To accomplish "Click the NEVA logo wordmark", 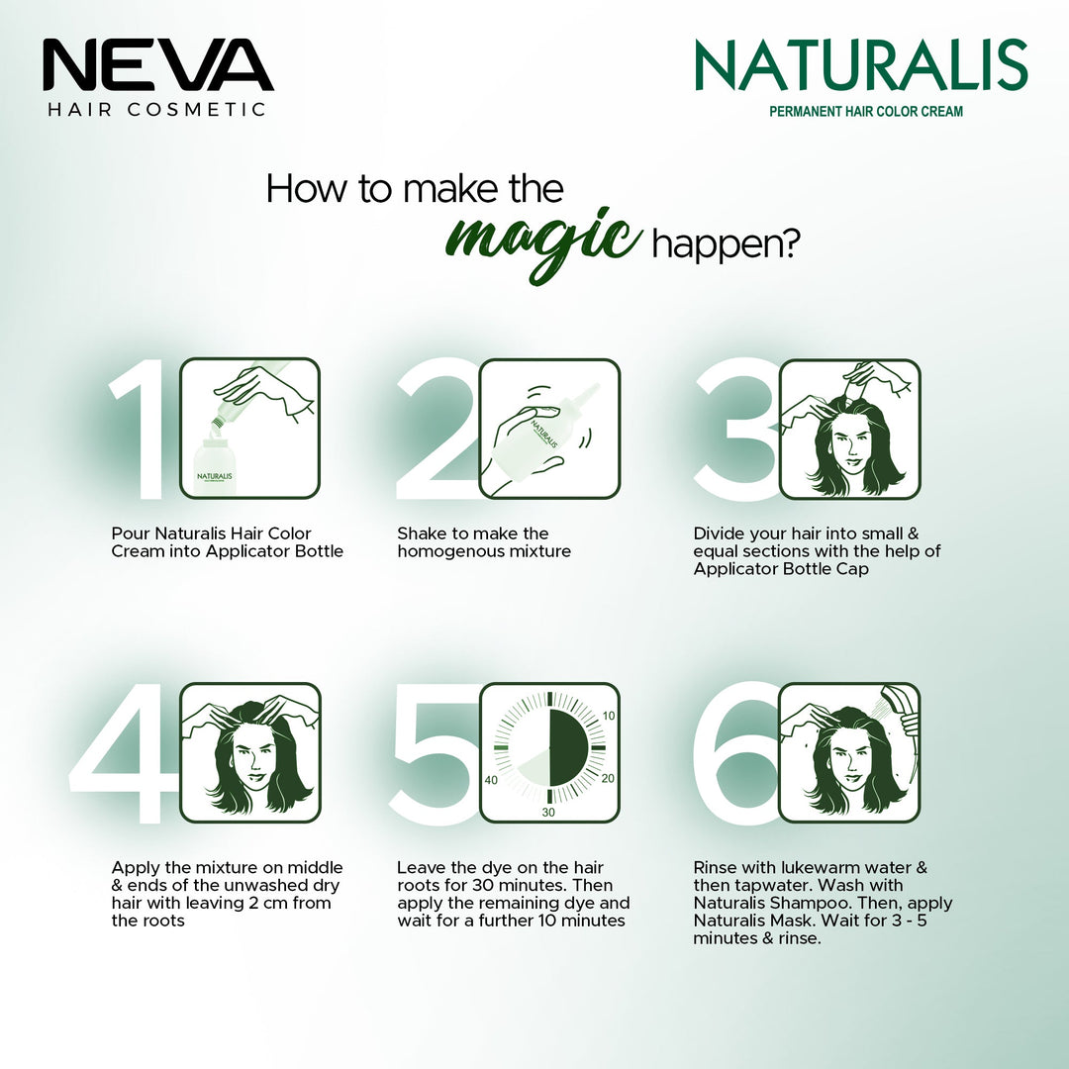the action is coord(158,64).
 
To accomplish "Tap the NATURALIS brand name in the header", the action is coord(861,64).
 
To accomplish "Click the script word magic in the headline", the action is coord(543,243).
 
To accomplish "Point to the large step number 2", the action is coord(437,429).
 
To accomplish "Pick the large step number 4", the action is coord(124,752).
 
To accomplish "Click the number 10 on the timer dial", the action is coord(608,716).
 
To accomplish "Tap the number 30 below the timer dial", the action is coord(548,812).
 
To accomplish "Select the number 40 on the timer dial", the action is coord(491,780).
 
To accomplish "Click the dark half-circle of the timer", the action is coord(567,748).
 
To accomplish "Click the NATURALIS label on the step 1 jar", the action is coord(215,476).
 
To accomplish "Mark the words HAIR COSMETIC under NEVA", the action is coord(156,110).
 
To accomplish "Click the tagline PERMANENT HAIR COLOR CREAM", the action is coord(866,111).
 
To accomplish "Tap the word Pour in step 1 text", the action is coord(131,534).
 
